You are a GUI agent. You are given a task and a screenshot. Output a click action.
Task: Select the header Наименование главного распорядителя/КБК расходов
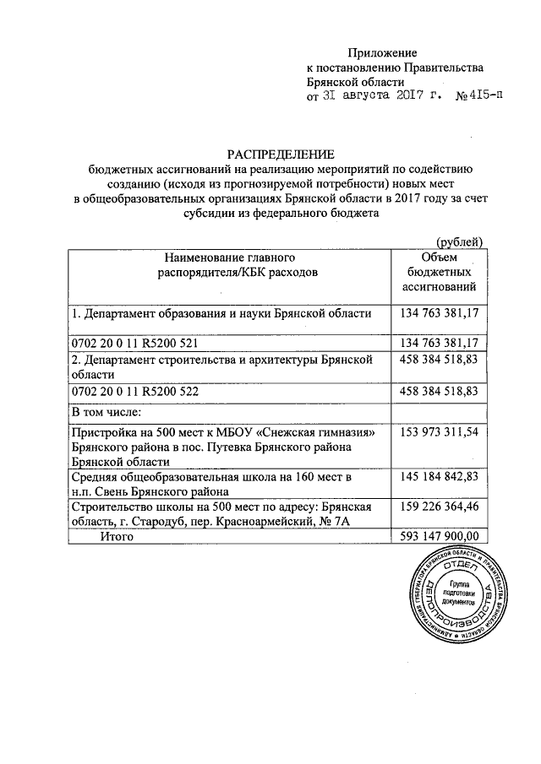pyautogui.click(x=229, y=264)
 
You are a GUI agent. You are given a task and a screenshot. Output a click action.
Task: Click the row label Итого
pyautogui.click(x=118, y=536)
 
